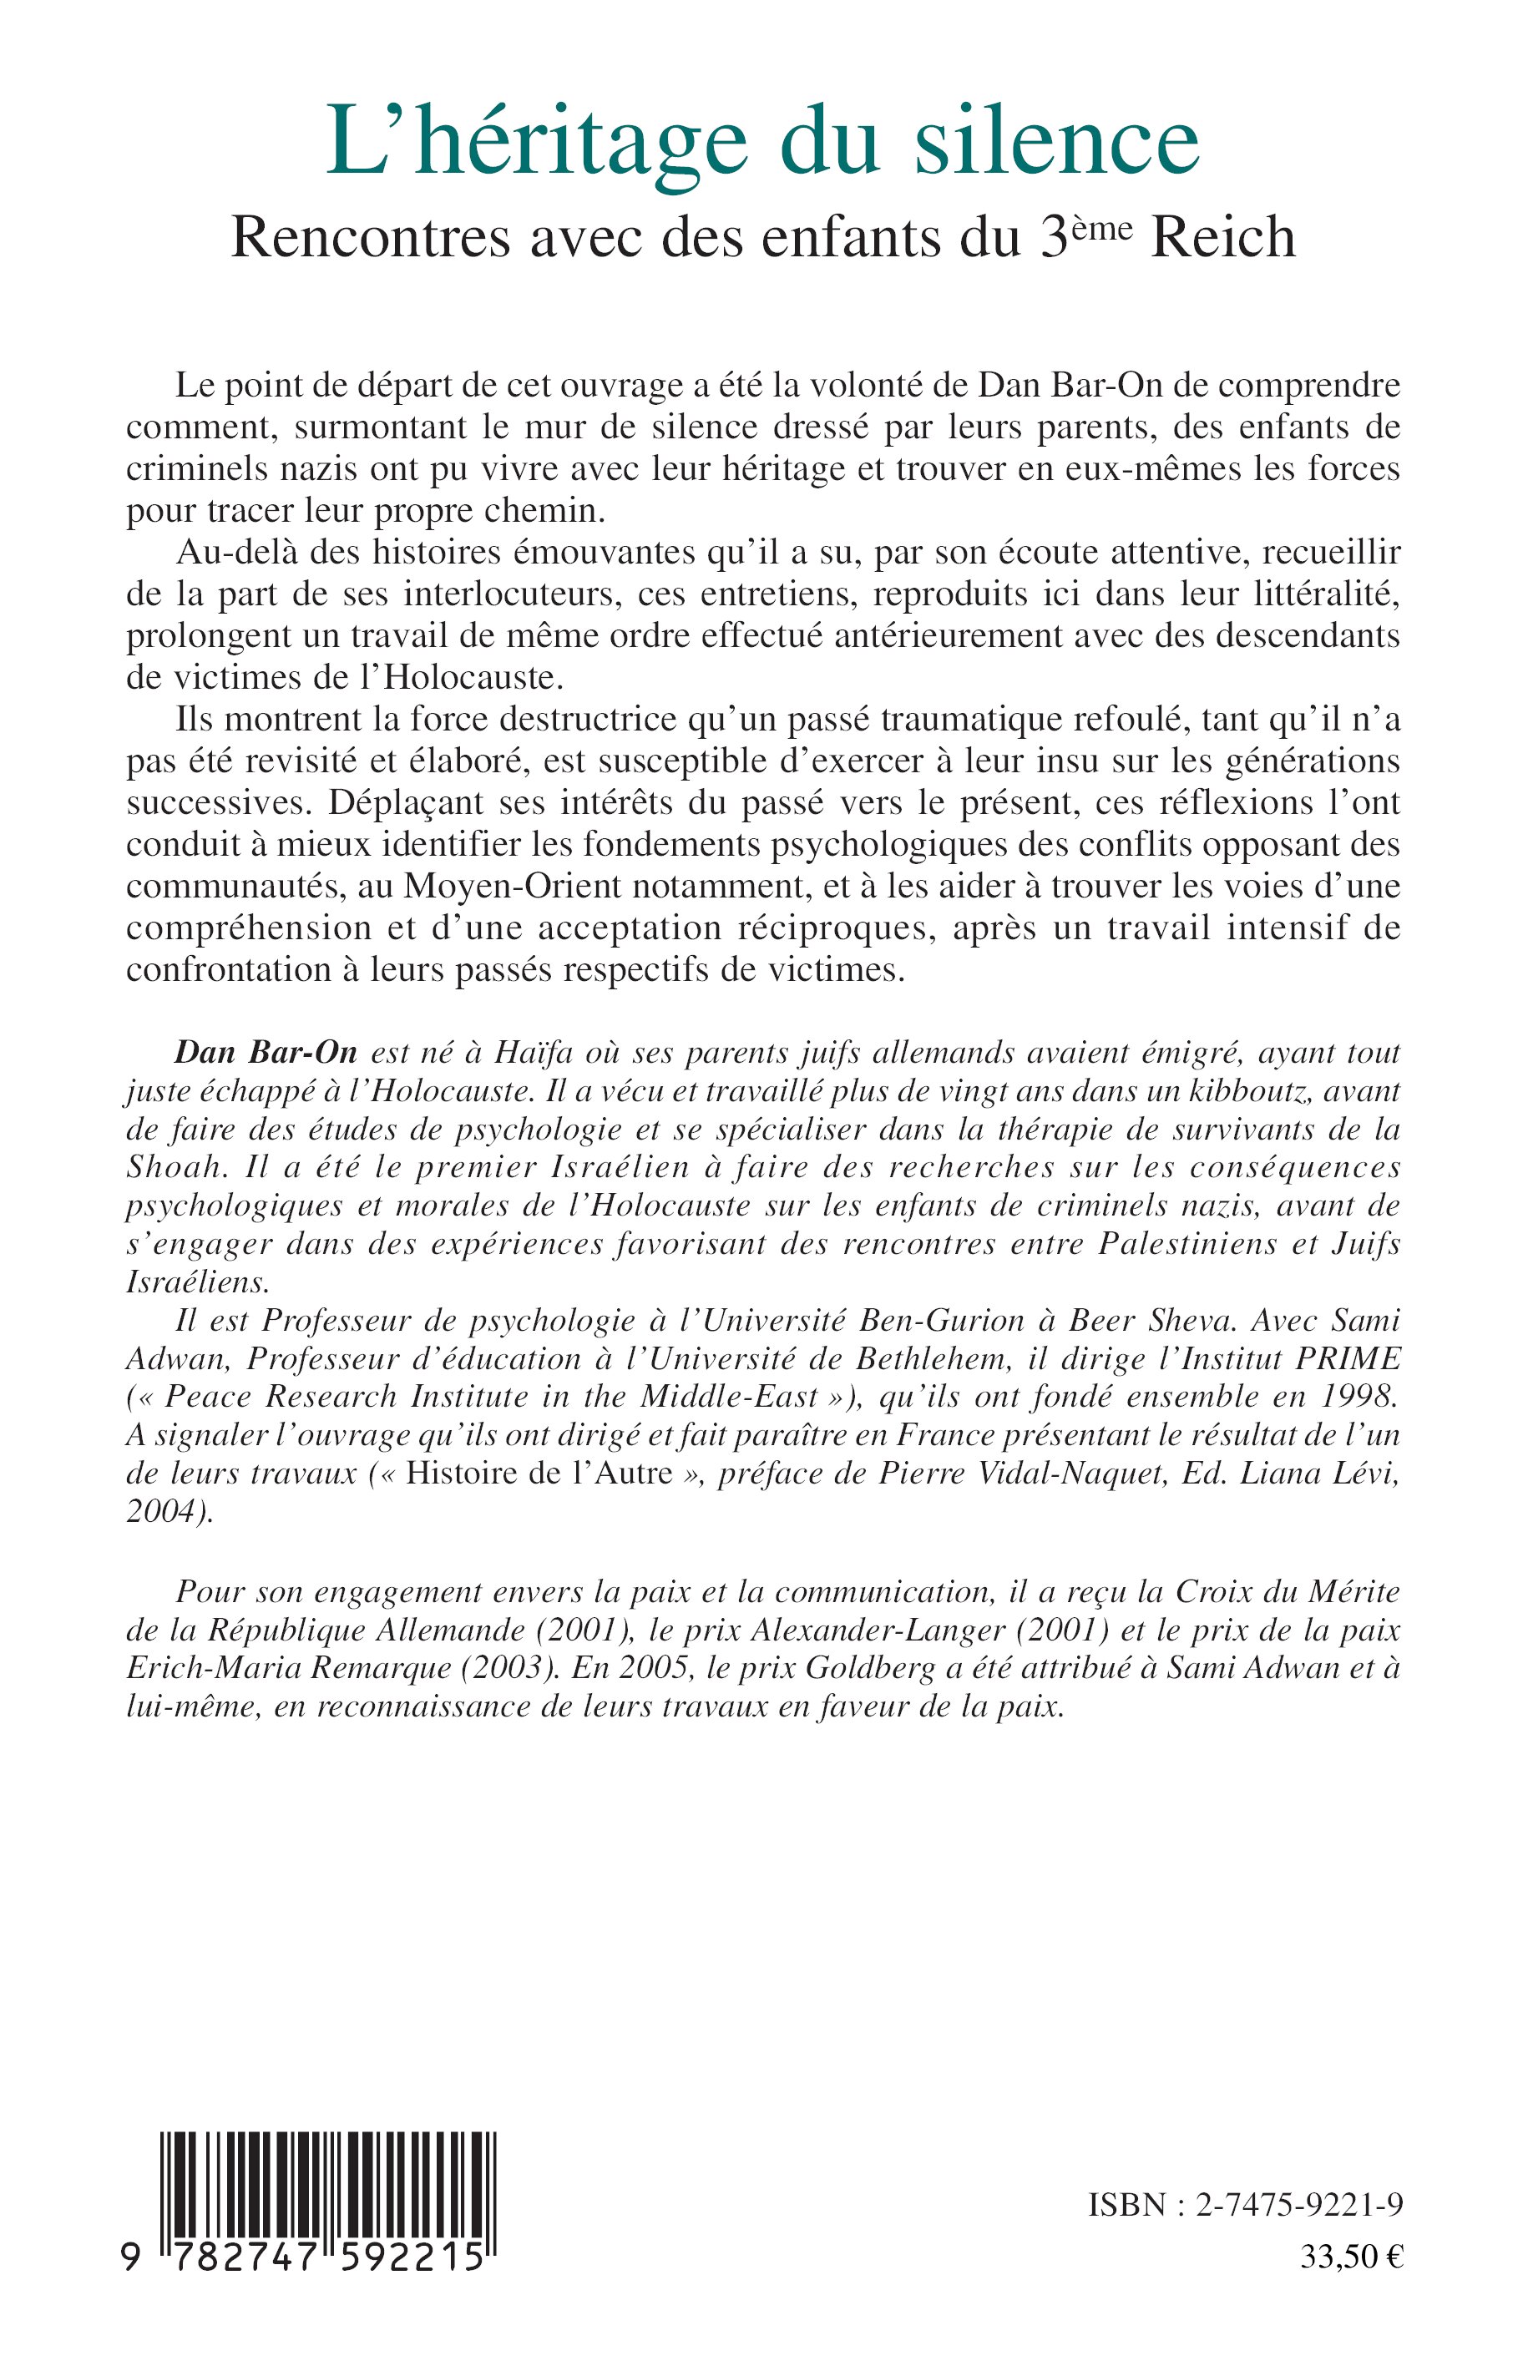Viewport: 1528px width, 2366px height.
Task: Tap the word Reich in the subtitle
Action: pos(1222,239)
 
